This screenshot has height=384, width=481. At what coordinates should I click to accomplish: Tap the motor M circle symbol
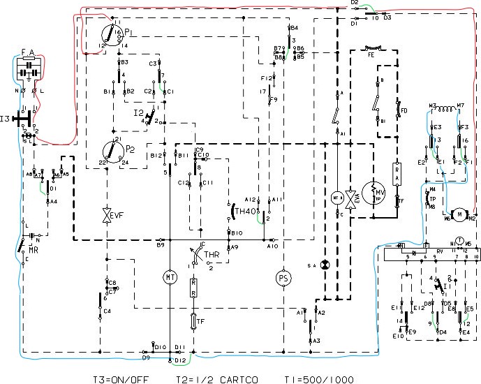[459, 212]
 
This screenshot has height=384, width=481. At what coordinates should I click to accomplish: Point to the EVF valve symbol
[107, 214]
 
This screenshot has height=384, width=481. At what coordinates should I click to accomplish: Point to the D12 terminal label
[181, 360]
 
